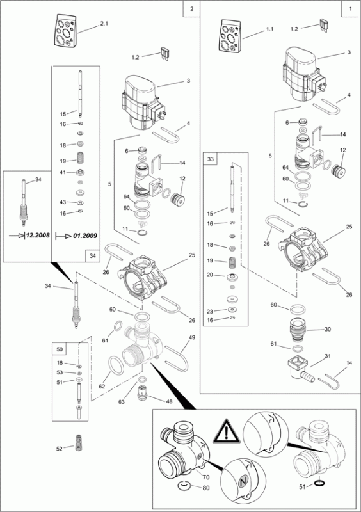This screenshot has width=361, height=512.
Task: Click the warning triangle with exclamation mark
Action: click(227, 431)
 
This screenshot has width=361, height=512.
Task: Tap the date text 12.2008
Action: click(38, 235)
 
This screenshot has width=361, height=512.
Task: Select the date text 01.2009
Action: click(85, 236)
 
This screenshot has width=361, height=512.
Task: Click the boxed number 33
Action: click(211, 159)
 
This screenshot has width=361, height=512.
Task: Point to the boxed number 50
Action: click(60, 349)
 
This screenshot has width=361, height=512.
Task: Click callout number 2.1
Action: click(104, 24)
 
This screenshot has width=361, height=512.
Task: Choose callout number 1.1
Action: click(269, 29)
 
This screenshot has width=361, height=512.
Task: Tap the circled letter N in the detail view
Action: click(242, 481)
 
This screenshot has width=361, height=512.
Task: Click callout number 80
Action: click(206, 488)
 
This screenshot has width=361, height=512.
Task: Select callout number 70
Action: click(206, 477)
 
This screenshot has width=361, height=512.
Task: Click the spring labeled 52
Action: click(78, 443)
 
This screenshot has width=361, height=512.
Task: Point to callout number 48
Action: click(169, 401)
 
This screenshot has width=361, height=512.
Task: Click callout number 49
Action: click(192, 337)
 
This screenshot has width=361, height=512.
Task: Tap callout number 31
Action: click(328, 356)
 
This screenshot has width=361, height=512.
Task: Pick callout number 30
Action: click(328, 329)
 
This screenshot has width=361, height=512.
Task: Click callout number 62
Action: click(102, 387)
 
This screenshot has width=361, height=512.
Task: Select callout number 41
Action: click(63, 172)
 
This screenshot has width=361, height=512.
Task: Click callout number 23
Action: click(210, 312)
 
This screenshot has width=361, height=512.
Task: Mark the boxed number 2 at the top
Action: click(192, 9)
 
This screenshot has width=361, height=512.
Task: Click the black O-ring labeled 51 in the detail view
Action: click(318, 483)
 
